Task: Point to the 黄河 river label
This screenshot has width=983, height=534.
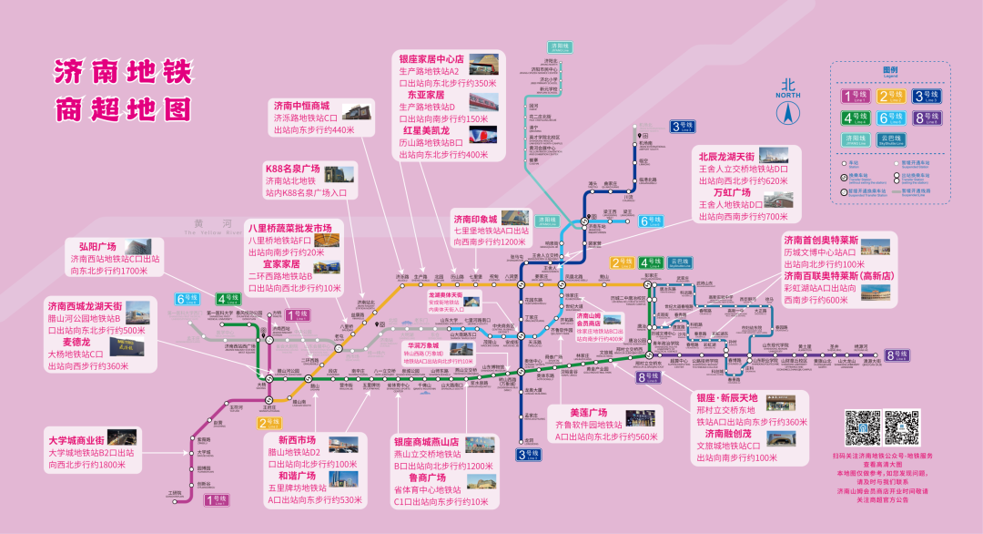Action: click(208, 223)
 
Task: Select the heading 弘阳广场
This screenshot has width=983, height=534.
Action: click(97, 247)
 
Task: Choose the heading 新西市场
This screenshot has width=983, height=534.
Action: click(297, 440)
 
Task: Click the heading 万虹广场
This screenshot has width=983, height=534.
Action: click(732, 193)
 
